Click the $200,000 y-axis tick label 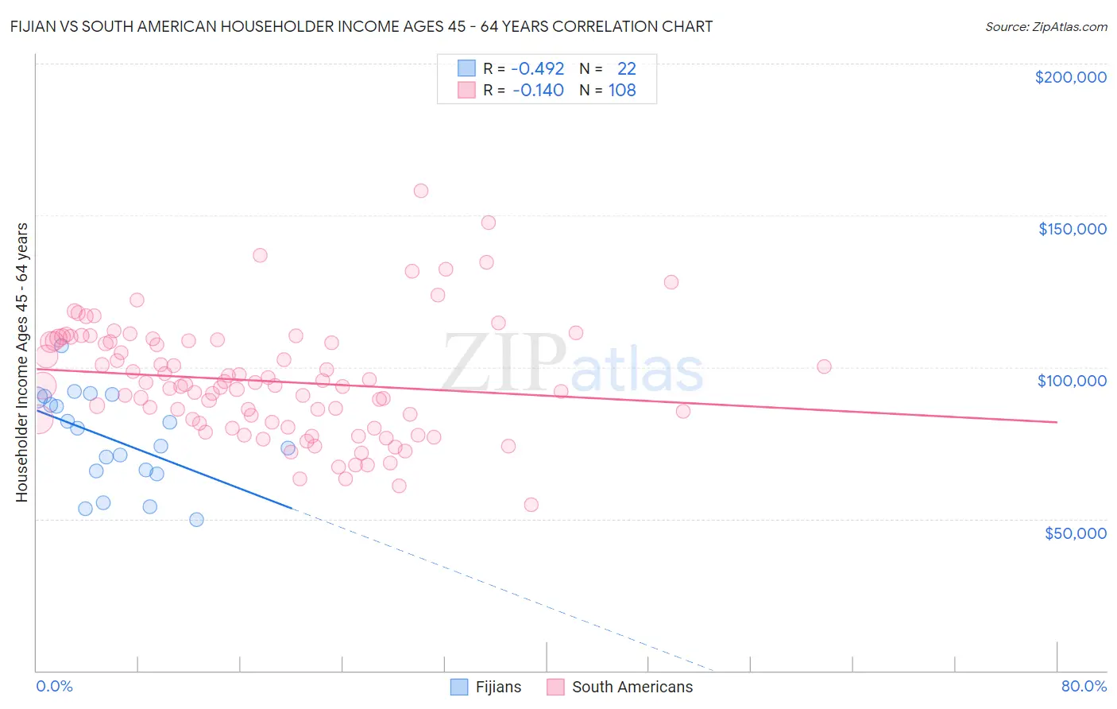click(1070, 77)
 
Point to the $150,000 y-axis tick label click(1072, 229)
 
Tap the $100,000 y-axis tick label click(1072, 381)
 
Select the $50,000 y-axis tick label click(1075, 533)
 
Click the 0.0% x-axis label click(54, 686)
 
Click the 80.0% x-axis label click(1084, 686)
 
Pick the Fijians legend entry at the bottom click(485, 687)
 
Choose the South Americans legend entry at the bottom click(620, 687)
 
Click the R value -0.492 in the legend click(537, 68)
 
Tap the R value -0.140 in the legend click(538, 90)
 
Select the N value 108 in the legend click(622, 90)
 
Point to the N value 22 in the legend click(626, 68)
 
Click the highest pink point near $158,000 click(421, 191)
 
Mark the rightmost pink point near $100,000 click(824, 366)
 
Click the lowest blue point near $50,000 click(196, 520)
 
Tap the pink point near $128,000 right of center click(671, 282)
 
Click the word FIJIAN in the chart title click(36, 26)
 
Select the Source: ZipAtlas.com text click(1045, 26)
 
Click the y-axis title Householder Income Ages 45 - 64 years click(21, 362)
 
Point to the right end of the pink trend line click(1057, 422)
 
